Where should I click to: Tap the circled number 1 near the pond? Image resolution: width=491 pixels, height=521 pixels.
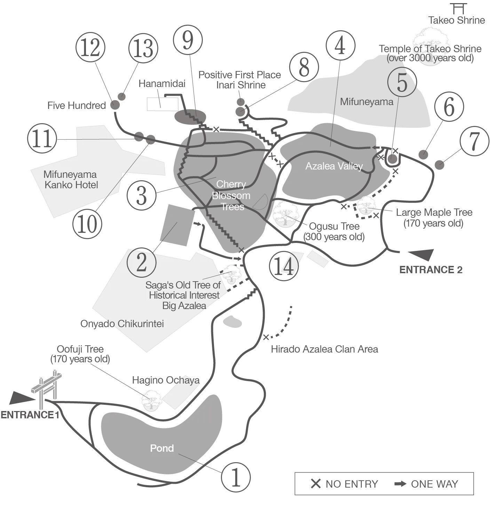[236, 477]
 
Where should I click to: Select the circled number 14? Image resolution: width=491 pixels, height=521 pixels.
[284, 266]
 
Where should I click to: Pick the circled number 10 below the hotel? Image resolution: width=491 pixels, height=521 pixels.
[88, 224]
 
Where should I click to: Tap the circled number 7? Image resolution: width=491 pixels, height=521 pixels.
[475, 141]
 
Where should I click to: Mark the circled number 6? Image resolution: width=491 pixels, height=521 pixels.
[450, 106]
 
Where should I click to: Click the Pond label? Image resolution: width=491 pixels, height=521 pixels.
[162, 448]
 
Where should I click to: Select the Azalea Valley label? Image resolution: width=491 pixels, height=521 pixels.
[334, 166]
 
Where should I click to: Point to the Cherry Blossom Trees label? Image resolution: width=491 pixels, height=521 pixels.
[231, 195]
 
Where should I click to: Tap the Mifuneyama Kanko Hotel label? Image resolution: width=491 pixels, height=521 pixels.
[71, 180]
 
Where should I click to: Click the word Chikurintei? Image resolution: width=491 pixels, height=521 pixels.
[140, 324]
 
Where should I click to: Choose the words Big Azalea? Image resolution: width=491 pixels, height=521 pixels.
[184, 306]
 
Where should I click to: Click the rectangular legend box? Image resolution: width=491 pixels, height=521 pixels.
[384, 483]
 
